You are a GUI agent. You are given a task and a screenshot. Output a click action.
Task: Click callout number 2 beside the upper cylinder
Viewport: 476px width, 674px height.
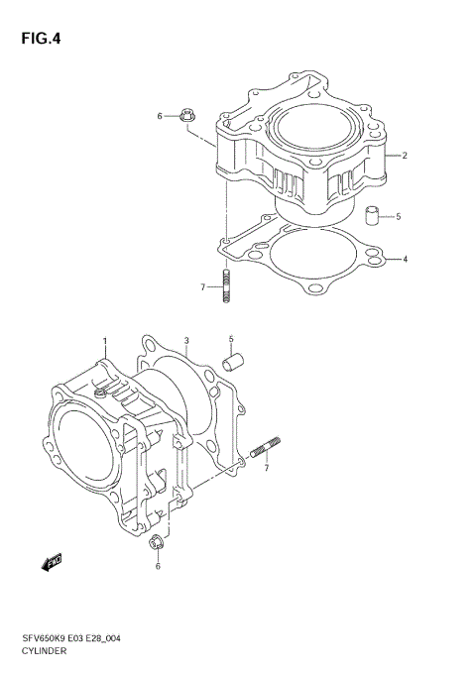405,156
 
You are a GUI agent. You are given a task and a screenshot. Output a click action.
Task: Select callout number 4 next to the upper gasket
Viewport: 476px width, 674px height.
405,260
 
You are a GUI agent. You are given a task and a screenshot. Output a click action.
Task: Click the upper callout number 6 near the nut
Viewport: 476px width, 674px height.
159,117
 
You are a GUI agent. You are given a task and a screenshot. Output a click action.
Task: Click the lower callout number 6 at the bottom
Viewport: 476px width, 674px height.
157,566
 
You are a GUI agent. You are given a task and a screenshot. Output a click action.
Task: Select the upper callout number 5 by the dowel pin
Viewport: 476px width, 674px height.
398,216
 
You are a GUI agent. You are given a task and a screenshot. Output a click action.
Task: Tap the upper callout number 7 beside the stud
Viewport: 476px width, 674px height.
202,287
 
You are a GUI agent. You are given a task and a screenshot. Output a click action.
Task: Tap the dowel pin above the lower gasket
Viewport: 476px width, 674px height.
235,361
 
